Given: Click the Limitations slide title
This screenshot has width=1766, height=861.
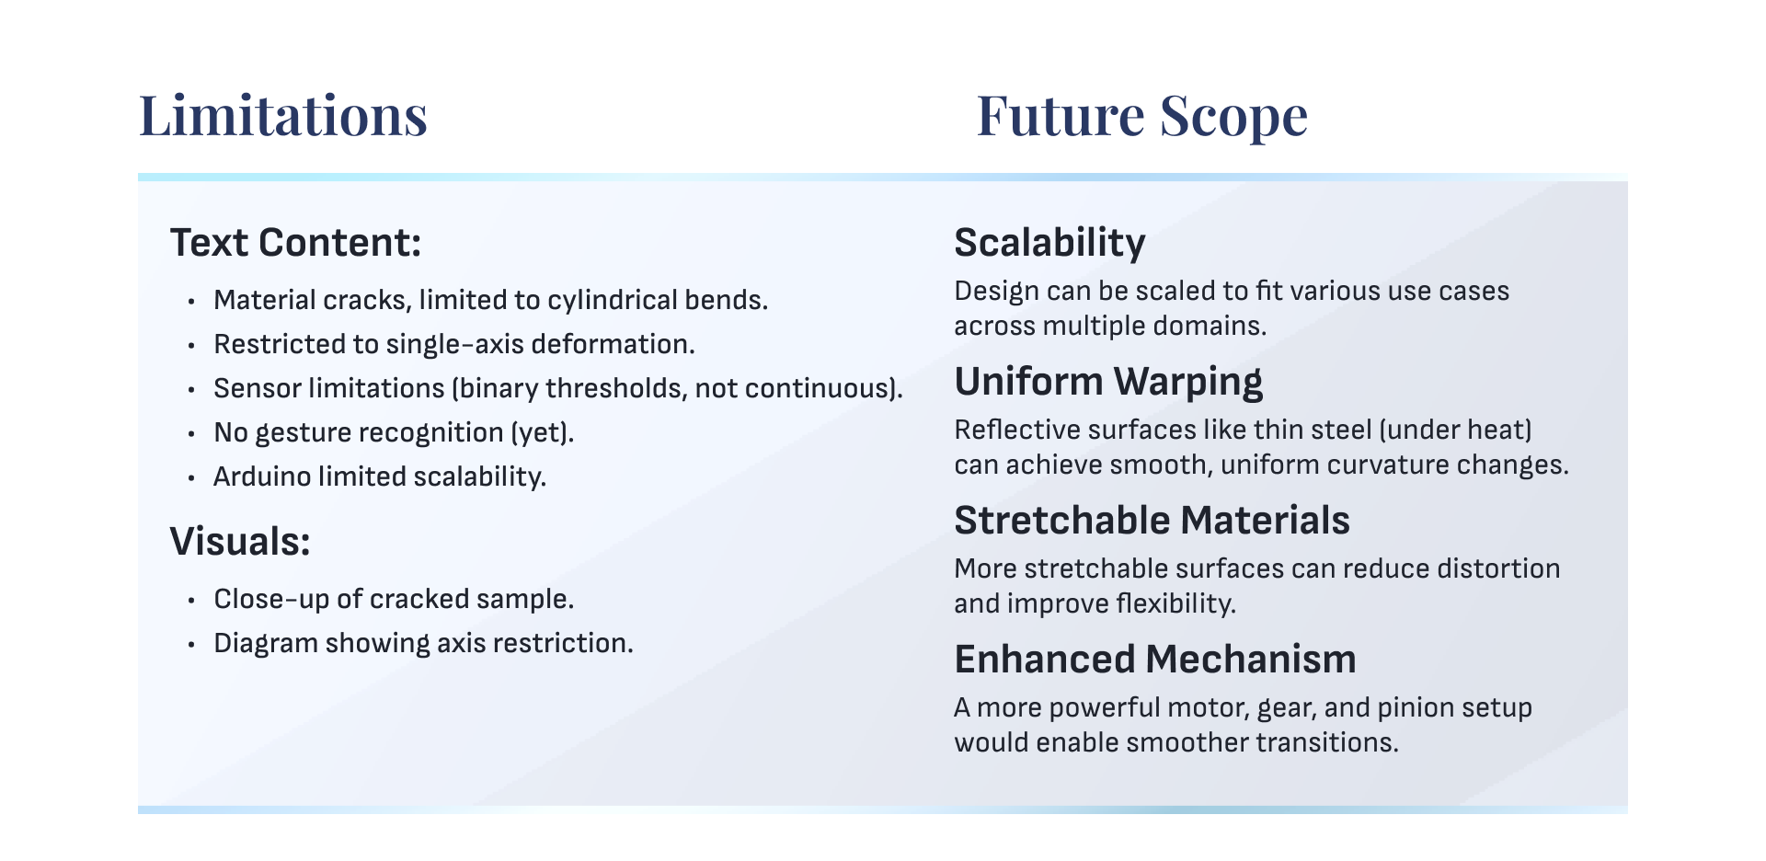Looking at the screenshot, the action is [x=283, y=116].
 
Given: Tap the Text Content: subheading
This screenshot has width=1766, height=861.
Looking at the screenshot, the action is [x=295, y=243].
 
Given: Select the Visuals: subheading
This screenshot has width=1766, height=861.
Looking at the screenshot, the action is [x=240, y=542].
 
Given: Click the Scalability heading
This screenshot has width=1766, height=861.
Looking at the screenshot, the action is [x=1049, y=244].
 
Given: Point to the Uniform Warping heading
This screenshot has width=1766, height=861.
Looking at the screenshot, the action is [x=1108, y=383].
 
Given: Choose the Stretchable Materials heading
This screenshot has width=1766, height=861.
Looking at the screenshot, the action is [x=1152, y=521].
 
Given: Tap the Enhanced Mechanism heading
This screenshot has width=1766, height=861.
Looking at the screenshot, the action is [x=1155, y=660].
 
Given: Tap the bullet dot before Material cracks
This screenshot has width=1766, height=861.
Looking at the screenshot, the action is [x=191, y=302].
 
